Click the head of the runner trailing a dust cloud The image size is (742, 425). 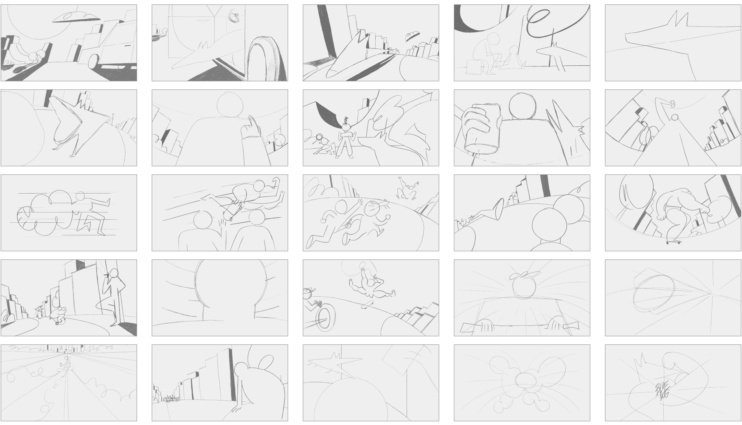[x=80, y=197]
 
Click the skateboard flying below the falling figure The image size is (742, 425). [x=368, y=303]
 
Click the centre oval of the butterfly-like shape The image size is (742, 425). [x=526, y=380]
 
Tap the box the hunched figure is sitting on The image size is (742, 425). [x=473, y=68]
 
